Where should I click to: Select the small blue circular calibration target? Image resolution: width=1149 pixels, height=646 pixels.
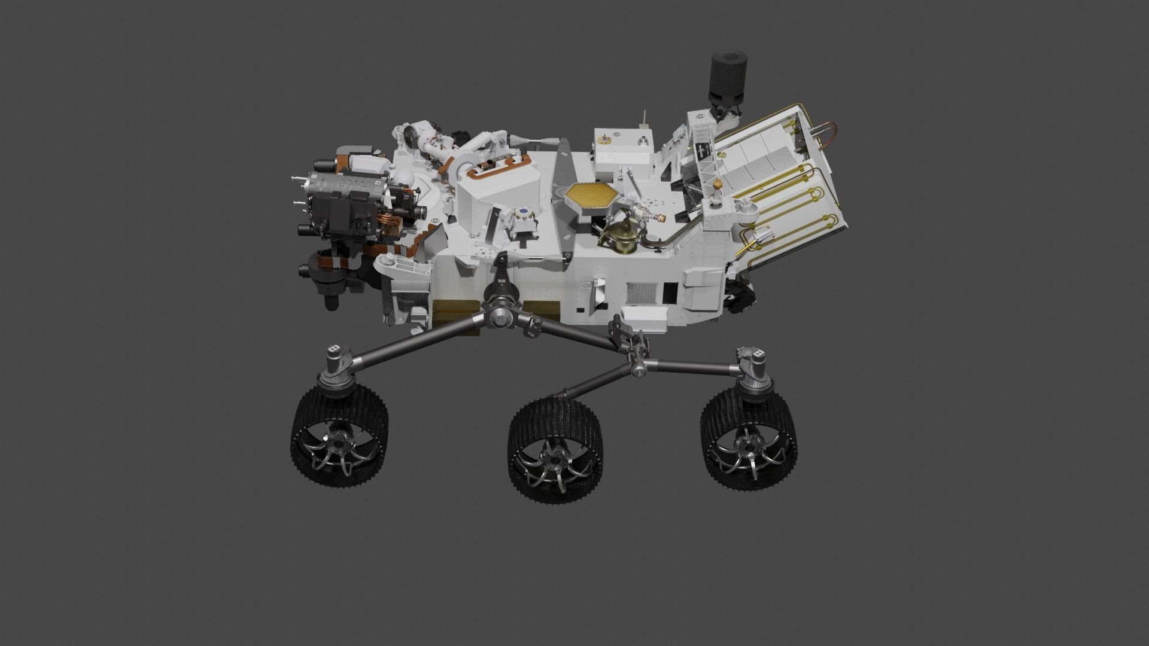click(524, 212)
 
